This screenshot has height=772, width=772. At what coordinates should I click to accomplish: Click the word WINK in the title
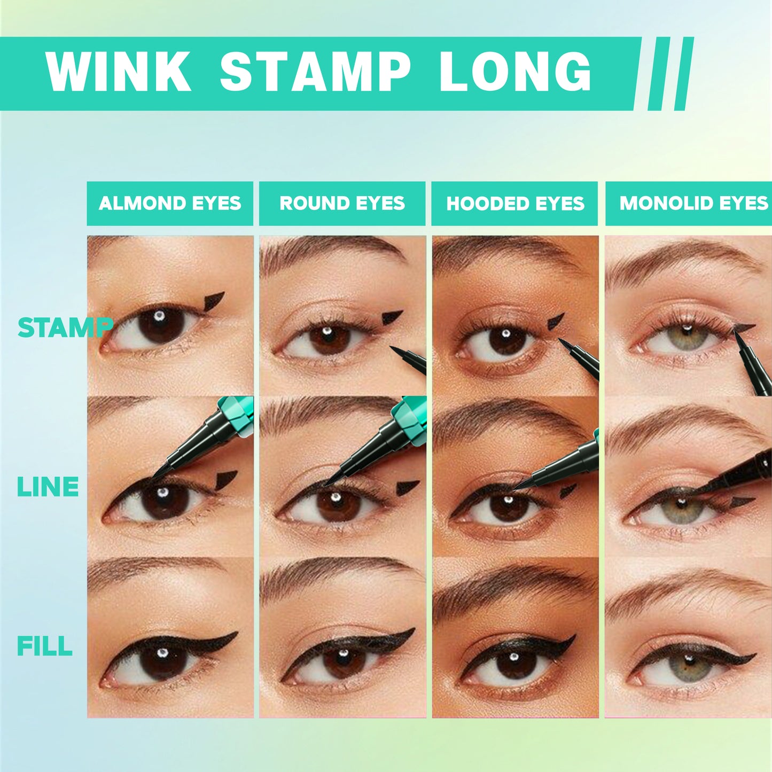(118, 72)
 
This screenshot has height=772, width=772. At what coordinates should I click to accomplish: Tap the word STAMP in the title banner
(315, 72)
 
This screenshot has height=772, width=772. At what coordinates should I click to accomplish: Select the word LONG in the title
(516, 72)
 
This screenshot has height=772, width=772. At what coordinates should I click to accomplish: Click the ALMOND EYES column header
(170, 204)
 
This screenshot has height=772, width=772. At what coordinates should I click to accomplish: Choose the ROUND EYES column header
(342, 204)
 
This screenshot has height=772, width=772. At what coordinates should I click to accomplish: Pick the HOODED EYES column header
(515, 204)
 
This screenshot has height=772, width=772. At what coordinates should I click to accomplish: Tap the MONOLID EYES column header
(693, 204)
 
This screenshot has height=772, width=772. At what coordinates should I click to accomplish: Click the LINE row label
(48, 487)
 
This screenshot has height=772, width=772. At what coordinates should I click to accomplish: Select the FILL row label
(45, 646)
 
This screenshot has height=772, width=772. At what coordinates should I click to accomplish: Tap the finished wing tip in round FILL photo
(412, 631)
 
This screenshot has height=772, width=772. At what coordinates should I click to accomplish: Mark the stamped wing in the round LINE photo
(408, 487)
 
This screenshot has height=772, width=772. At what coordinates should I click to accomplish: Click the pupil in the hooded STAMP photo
(505, 340)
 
